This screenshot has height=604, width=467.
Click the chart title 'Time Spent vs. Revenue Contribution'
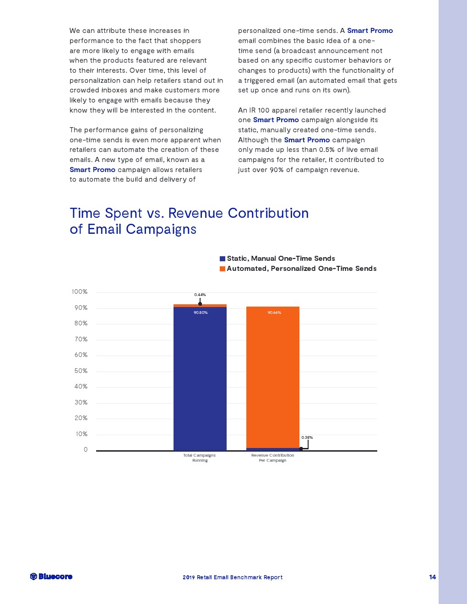point(189,213)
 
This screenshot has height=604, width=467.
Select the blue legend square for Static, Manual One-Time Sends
point(223,259)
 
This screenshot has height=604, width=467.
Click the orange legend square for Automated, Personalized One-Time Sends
point(223,269)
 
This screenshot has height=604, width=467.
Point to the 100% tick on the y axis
point(80,292)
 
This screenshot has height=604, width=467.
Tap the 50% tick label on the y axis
point(81,371)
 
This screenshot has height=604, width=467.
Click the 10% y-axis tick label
point(81,434)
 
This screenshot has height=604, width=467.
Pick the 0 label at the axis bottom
point(86,450)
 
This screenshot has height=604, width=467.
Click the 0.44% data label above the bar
point(200,295)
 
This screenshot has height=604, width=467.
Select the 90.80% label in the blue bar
point(201,313)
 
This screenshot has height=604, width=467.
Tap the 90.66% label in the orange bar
point(274,313)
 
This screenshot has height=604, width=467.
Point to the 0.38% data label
point(307,437)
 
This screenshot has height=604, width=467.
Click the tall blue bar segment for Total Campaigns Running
point(200,380)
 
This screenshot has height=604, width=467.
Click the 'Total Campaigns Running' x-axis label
point(200,458)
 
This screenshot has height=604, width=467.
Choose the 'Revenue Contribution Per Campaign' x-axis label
point(273,458)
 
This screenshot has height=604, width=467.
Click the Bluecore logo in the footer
point(51,577)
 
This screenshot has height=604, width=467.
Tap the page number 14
point(433,577)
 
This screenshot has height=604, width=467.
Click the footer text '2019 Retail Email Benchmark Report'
point(233,577)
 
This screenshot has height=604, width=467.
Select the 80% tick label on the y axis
point(81,324)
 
